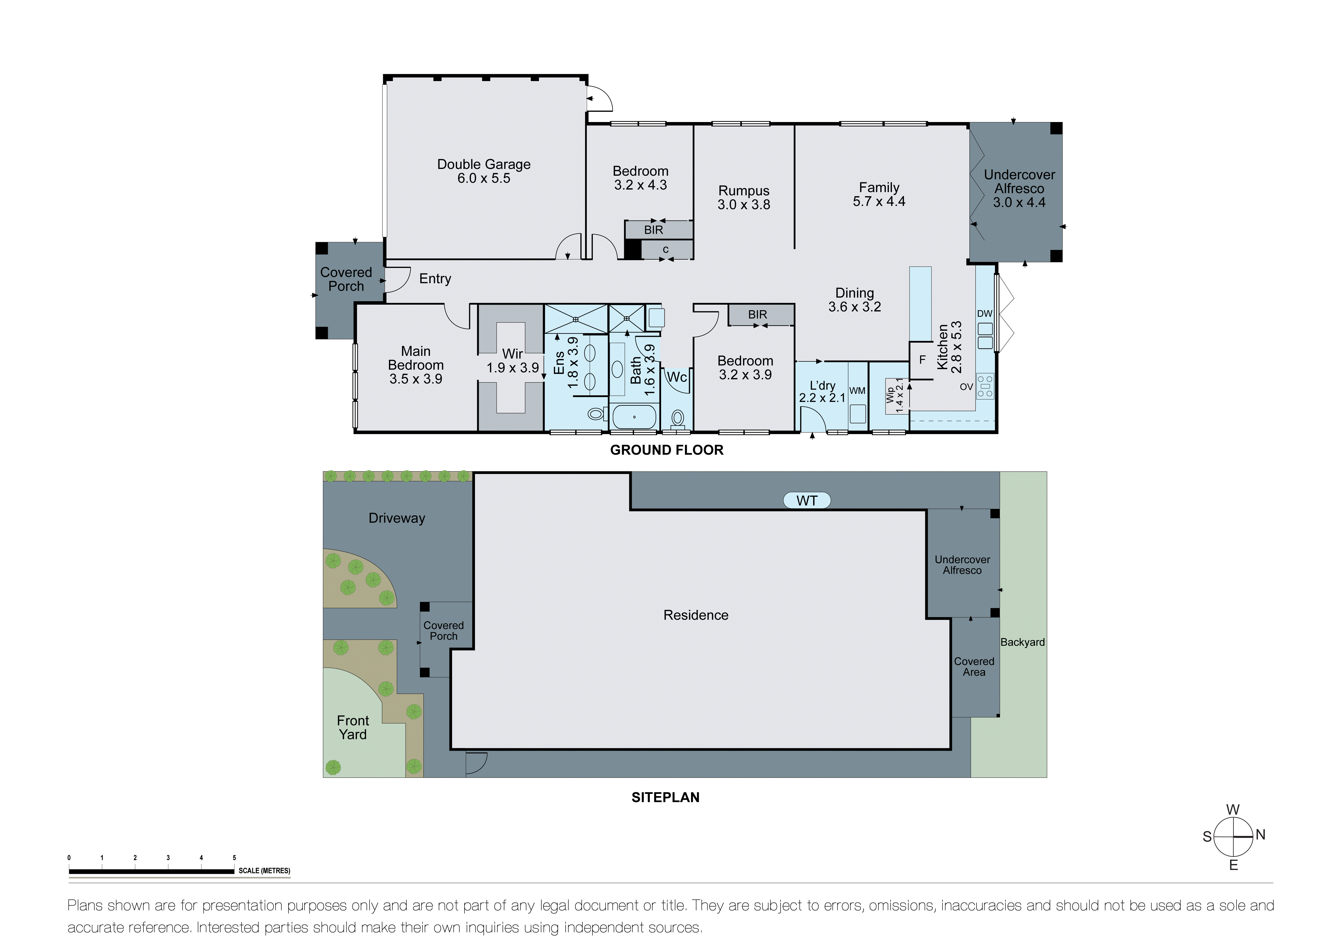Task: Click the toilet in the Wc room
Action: click(x=677, y=418)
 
